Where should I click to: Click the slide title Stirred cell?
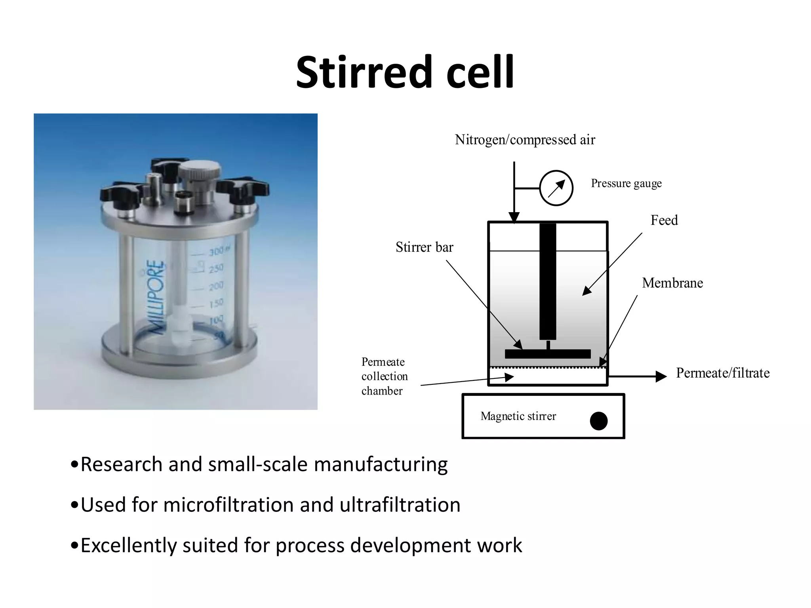405,72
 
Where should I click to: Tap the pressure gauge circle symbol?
556,188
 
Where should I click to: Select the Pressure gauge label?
626,183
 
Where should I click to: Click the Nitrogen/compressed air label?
525,140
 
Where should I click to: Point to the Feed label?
664,220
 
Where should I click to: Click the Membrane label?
672,283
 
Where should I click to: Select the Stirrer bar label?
424,247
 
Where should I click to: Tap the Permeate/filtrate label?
723,373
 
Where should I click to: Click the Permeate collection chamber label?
384,376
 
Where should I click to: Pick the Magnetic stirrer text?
518,416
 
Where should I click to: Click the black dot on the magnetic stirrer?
598,421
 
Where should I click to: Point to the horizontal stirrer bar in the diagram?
548,354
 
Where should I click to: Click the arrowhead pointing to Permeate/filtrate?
661,376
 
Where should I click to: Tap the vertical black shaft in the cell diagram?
548,281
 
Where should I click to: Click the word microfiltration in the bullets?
228,505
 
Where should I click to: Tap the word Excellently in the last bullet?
128,545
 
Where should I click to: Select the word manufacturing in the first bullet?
381,464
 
